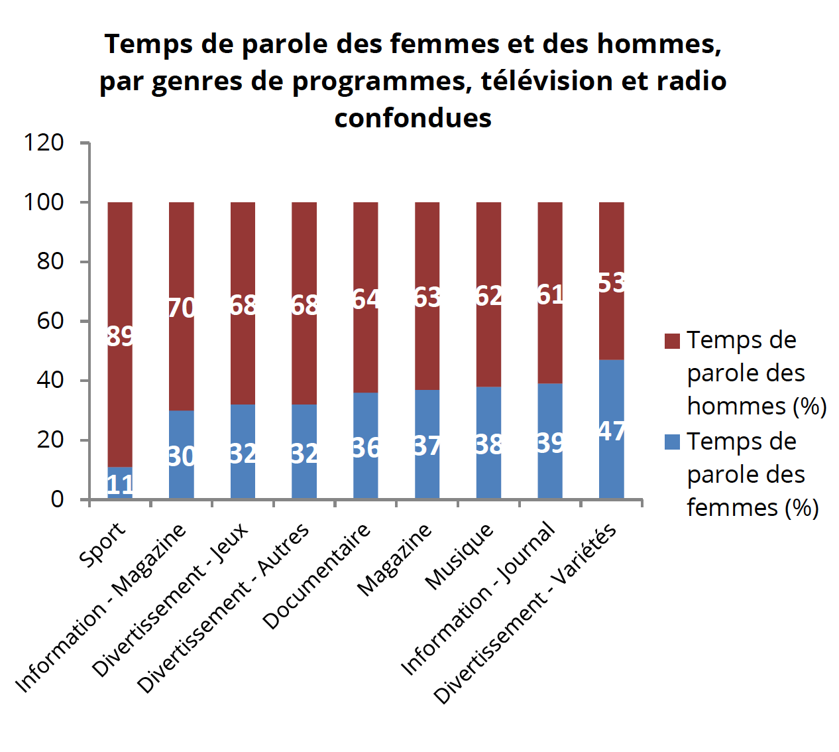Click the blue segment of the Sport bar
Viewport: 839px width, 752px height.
click(x=120, y=483)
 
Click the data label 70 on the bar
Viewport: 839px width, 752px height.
click(x=182, y=308)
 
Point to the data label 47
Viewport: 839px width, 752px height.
click(x=612, y=432)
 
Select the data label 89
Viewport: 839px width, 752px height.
click(x=120, y=336)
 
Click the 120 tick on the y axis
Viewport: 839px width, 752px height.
click(x=44, y=143)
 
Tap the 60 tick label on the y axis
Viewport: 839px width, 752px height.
click(x=50, y=321)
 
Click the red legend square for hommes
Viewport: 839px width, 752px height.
click(x=672, y=341)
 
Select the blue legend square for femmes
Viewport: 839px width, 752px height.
click(x=672, y=442)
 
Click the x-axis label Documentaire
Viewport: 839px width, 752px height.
click(x=317, y=576)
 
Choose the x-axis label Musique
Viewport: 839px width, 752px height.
click(x=459, y=556)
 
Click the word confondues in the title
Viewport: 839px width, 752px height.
click(x=413, y=118)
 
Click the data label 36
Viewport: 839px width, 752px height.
click(x=366, y=448)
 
